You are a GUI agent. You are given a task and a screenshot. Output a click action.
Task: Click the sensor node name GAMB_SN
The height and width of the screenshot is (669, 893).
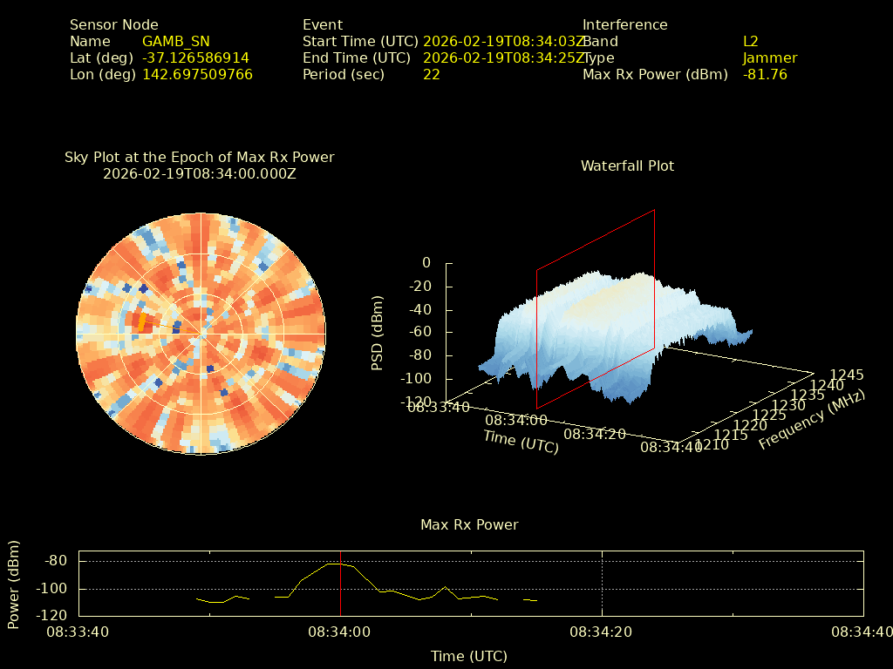click(175, 41)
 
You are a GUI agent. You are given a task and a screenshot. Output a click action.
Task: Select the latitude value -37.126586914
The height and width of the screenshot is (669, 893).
click(195, 57)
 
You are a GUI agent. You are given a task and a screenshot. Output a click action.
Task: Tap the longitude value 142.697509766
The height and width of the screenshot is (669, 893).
click(197, 74)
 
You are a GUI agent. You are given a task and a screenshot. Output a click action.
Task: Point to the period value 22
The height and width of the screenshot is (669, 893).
click(431, 74)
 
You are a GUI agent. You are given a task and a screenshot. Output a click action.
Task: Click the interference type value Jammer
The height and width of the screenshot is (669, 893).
click(769, 57)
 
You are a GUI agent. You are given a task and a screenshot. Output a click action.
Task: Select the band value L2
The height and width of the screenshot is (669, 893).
click(750, 41)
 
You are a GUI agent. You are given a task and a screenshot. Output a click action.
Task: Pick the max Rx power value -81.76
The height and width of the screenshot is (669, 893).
click(765, 74)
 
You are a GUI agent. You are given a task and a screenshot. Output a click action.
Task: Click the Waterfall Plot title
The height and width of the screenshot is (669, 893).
click(627, 166)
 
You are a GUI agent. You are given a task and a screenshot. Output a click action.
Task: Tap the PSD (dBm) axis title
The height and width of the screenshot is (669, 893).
click(377, 332)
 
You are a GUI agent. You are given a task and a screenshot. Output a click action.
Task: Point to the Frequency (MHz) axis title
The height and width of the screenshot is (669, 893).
click(811, 420)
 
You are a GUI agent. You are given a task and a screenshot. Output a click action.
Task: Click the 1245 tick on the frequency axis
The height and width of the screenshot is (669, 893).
click(847, 375)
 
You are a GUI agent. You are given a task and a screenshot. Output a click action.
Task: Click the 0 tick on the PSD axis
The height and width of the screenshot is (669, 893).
click(426, 262)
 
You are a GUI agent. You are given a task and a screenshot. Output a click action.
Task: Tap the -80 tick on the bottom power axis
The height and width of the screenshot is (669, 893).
click(56, 561)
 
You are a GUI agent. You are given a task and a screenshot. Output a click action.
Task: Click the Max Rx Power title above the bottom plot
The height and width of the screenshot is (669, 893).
click(469, 524)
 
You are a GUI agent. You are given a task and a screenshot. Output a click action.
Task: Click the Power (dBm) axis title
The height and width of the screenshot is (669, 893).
click(14, 584)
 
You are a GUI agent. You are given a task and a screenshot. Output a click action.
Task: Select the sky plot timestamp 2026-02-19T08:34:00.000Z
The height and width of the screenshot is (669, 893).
click(199, 173)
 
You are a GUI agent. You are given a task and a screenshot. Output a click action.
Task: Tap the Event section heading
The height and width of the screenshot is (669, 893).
click(323, 24)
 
